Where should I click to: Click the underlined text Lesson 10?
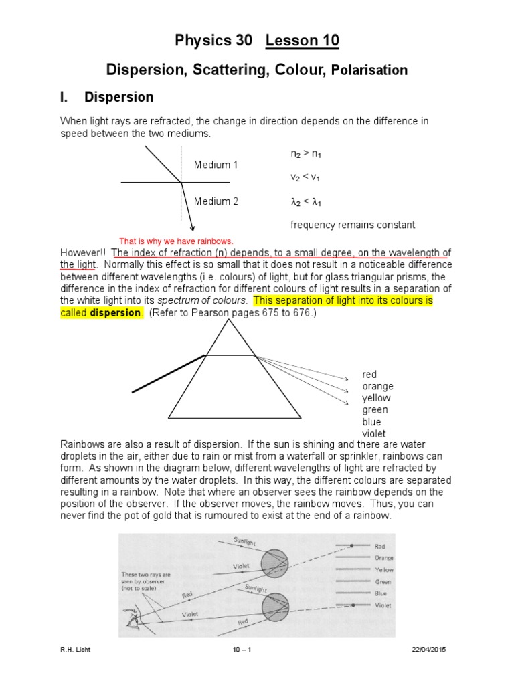(303, 41)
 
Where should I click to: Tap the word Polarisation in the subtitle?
(370, 70)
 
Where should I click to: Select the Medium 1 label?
(216, 165)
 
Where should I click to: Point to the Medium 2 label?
(216, 201)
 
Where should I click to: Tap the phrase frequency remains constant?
(353, 225)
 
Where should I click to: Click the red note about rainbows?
(176, 241)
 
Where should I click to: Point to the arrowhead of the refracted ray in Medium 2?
(192, 228)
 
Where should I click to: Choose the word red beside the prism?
(369, 375)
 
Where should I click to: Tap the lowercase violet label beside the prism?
(374, 434)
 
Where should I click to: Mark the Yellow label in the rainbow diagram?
(384, 570)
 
